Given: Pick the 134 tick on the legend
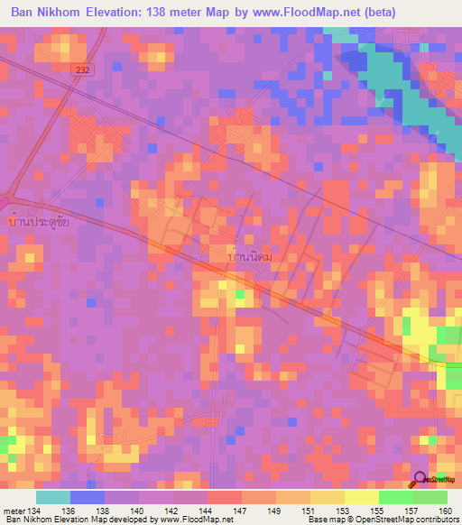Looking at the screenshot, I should (36, 511).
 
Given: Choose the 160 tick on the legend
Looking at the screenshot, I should (445, 511).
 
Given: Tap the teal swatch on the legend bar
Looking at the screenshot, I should (53, 497).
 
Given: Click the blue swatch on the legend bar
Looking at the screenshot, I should (88, 497).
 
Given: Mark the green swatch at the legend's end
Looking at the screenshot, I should (430, 497).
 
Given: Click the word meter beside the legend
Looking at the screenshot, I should (14, 511).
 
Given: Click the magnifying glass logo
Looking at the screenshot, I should (420, 479).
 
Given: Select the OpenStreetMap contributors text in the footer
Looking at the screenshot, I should (415, 520).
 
